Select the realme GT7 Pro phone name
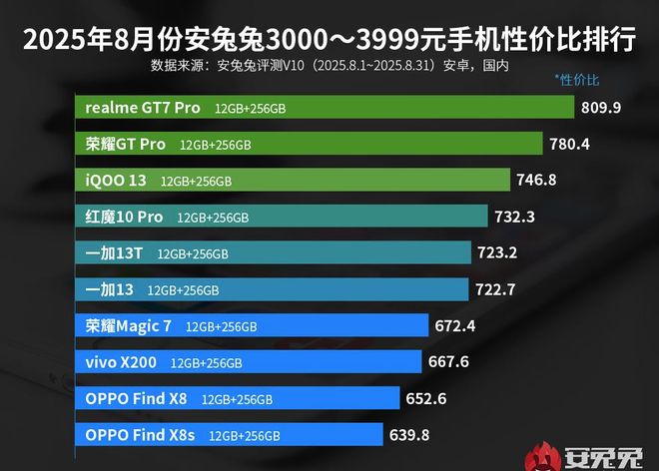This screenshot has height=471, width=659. tap(143, 108)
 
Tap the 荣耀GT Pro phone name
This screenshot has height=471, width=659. tap(126, 144)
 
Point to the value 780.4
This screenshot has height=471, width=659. tap(570, 144)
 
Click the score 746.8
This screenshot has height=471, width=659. tap(537, 181)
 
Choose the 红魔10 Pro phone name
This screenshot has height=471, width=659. tap(124, 217)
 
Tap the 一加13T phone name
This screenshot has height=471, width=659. tap(113, 252)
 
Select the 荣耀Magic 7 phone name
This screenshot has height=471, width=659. tap(129, 325)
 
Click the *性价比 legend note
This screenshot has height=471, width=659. tap(577, 79)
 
